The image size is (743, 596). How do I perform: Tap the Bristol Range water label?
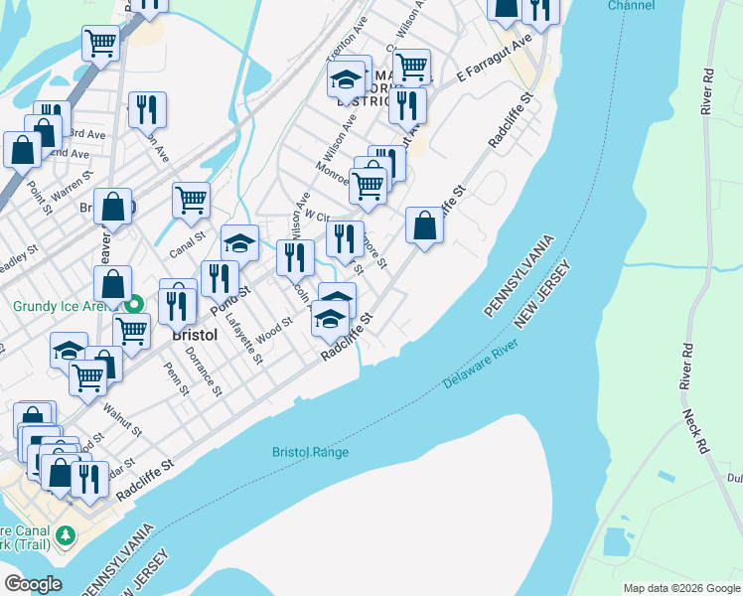point(311,453)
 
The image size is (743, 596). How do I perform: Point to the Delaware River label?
point(482,366)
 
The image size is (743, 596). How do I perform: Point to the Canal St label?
point(186,244)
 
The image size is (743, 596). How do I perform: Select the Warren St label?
point(73,184)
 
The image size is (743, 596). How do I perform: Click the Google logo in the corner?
point(34,583)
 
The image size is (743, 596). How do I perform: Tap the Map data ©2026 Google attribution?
point(681,588)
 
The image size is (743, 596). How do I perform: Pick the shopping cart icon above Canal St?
point(191,199)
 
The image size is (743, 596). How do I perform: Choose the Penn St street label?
point(177,377)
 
